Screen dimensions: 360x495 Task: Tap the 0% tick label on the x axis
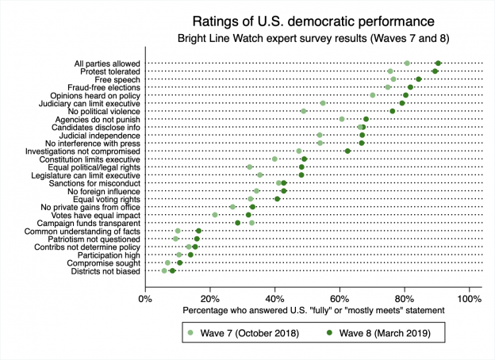click(145, 298)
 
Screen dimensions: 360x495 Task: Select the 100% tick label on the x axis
click(468, 298)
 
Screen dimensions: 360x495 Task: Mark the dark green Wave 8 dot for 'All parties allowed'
click(438, 63)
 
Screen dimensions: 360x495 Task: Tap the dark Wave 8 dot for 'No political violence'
click(392, 111)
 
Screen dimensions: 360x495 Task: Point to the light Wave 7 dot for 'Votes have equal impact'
click(215, 215)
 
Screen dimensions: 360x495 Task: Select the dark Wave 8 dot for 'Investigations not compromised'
click(347, 151)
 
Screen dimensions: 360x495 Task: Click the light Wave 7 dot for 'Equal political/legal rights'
click(249, 167)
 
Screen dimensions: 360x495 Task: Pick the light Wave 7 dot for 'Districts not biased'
click(164, 271)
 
